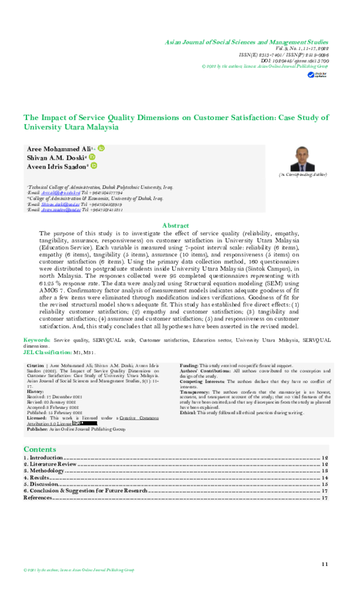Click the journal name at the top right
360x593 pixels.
pyautogui.click(x=247, y=43)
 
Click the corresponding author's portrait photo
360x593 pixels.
pyautogui.click(x=302, y=159)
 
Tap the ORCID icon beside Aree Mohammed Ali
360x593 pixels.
pyautogui.click(x=101, y=148)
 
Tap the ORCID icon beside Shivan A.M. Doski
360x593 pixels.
pyautogui.click(x=92, y=157)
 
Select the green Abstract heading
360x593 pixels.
pyautogui.click(x=176, y=226)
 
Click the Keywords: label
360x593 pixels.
pyautogui.click(x=37, y=340)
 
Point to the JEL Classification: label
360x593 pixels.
pyautogui.click(x=47, y=352)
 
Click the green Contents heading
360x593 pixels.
pyautogui.click(x=40, y=449)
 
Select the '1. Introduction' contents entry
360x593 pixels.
pyautogui.click(x=44, y=458)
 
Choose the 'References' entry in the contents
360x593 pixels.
pyautogui.click(x=38, y=498)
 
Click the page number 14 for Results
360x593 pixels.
pyautogui.click(x=325, y=478)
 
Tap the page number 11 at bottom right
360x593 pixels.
pyautogui.click(x=325, y=564)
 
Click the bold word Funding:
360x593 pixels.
pyautogui.click(x=190, y=365)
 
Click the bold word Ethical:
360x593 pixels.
pyautogui.click(x=188, y=413)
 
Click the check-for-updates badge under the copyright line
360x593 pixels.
pyautogui.click(x=314, y=75)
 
